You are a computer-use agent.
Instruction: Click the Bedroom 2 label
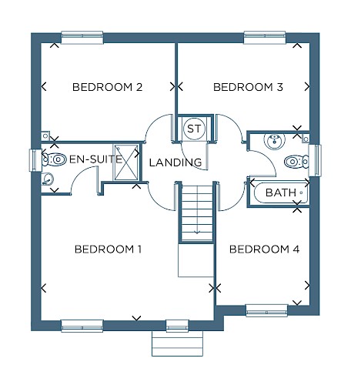(x=107, y=87)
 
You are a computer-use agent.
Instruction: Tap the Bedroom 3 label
(x=248, y=87)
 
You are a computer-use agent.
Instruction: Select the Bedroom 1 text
(x=108, y=249)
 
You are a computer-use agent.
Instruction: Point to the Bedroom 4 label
(x=264, y=249)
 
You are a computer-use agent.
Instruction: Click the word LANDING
(x=175, y=162)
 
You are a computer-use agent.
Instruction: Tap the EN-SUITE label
(x=95, y=159)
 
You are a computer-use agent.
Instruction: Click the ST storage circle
(x=194, y=129)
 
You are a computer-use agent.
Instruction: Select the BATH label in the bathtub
(x=281, y=192)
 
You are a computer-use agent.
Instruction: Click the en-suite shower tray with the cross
(x=126, y=162)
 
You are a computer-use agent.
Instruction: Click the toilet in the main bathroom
(x=296, y=162)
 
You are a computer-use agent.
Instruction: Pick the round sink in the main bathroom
(x=274, y=141)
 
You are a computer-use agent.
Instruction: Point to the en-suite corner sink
(x=47, y=179)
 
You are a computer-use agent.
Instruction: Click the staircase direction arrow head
(x=197, y=233)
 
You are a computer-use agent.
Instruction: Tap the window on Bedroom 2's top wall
(x=82, y=38)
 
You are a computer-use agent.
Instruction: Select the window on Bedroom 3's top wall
(x=265, y=38)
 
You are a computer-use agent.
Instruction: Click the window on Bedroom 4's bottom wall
(x=266, y=310)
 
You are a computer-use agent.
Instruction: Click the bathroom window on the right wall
(x=315, y=160)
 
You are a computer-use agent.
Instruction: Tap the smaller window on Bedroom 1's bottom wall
(x=177, y=326)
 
